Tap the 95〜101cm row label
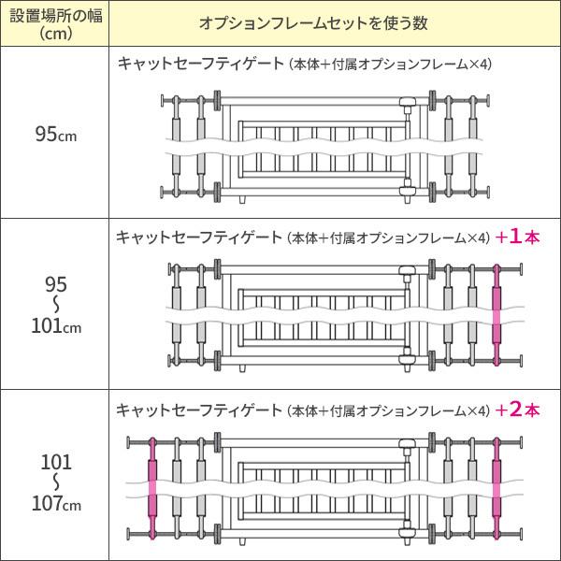(x=55, y=304)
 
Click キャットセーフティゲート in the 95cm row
(x=200, y=64)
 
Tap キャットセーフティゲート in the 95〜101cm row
(x=200, y=237)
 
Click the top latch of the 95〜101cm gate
(x=407, y=274)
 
